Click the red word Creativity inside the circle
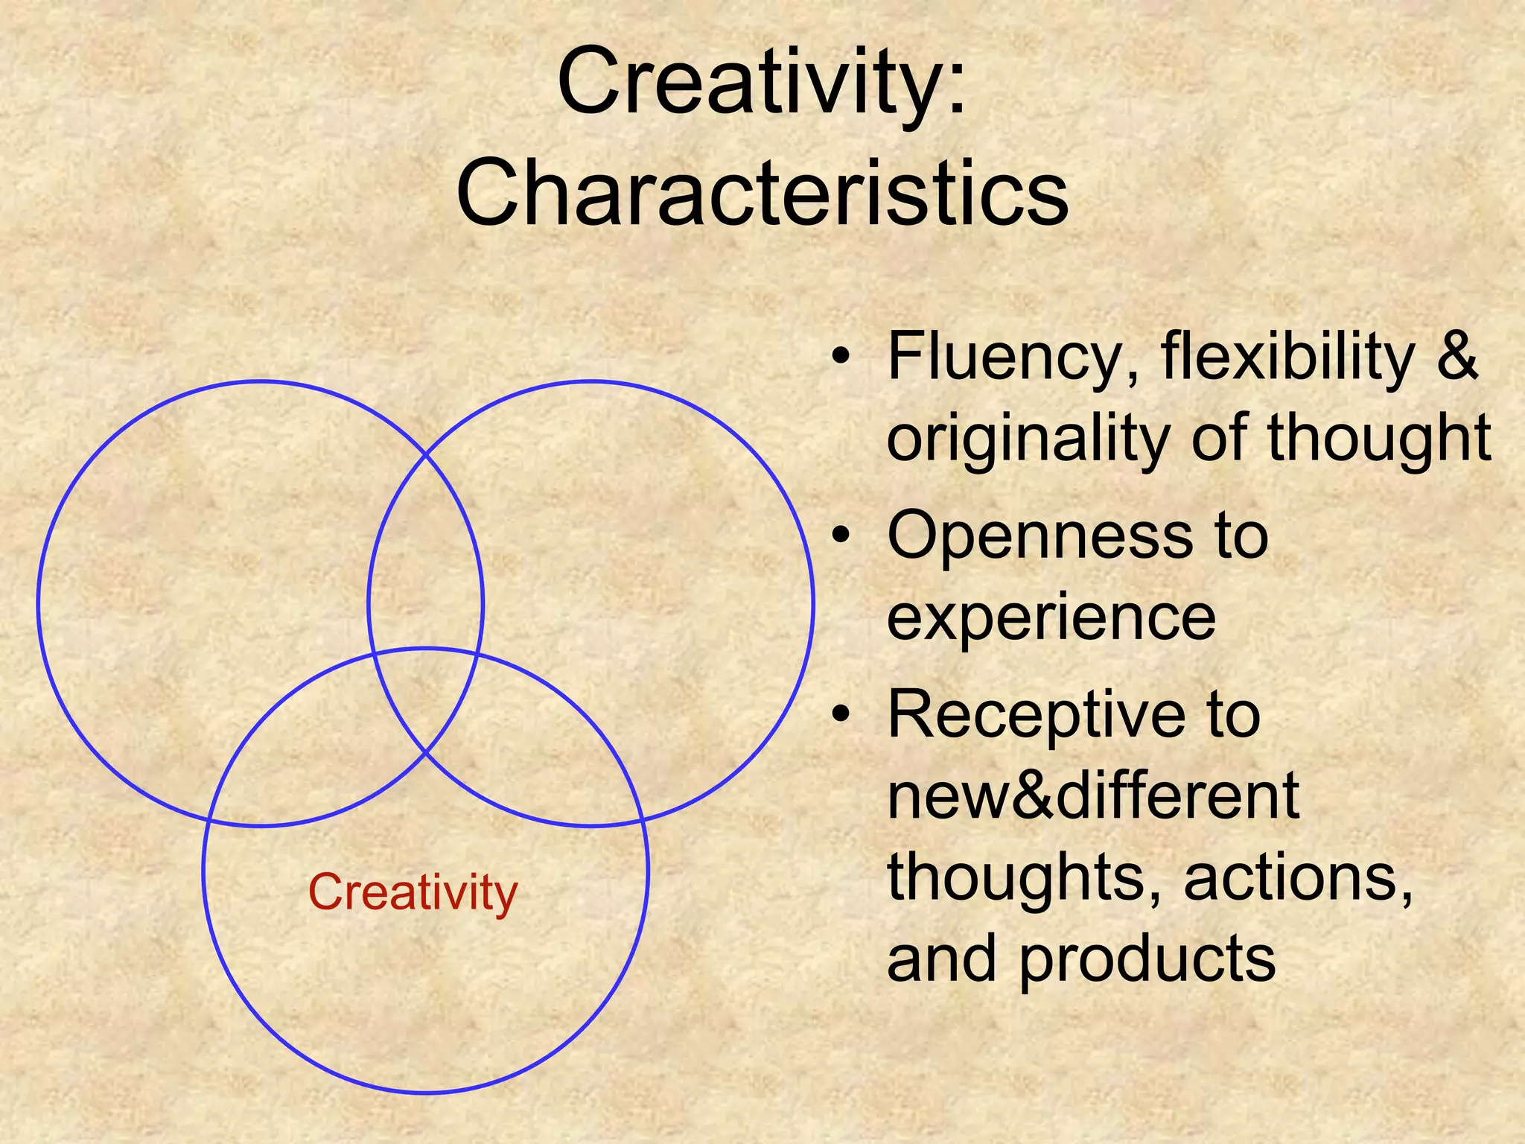coord(413,892)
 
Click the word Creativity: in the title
coord(761,82)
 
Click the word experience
coord(1051,618)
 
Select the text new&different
coord(1093,795)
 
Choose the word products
coord(1147,959)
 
